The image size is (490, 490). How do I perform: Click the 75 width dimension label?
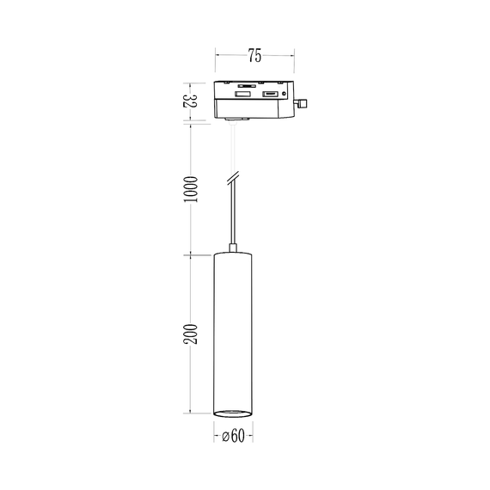tap(254, 56)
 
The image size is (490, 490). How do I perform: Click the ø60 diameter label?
tap(233, 437)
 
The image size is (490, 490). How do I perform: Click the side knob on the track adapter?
tap(302, 104)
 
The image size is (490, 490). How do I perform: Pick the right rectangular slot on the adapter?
tap(270, 93)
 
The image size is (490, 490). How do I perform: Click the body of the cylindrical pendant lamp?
tap(233, 331)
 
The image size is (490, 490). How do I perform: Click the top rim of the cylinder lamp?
tap(233, 255)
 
